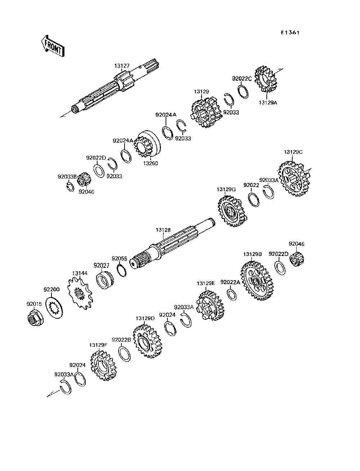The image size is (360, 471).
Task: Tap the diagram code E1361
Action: (x=290, y=33)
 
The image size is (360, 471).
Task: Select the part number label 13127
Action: (x=122, y=66)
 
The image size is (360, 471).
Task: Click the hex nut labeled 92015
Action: (x=36, y=318)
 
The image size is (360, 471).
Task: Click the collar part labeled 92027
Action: (x=105, y=279)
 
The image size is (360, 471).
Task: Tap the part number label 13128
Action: (x=163, y=230)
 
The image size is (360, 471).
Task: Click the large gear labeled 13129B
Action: (x=257, y=281)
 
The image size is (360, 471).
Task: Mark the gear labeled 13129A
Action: (x=266, y=79)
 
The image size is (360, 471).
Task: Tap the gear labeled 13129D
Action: (x=148, y=344)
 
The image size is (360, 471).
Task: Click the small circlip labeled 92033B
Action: (x=69, y=187)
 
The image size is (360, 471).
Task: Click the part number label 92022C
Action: (x=242, y=79)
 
